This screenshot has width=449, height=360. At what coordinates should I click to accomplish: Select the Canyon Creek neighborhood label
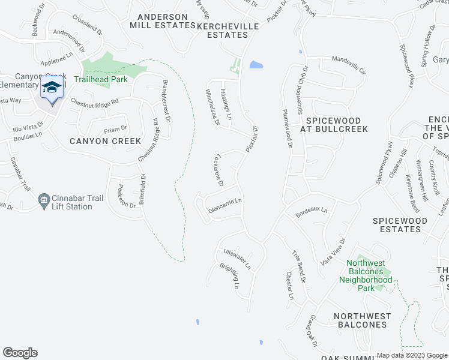[x=105, y=141]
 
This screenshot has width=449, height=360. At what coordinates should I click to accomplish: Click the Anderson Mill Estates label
[x=162, y=21]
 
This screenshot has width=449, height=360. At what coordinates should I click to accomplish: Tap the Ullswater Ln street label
[x=237, y=258]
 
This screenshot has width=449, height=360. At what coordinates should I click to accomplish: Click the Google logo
[x=20, y=353]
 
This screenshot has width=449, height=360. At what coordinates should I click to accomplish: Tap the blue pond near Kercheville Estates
[x=255, y=65]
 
